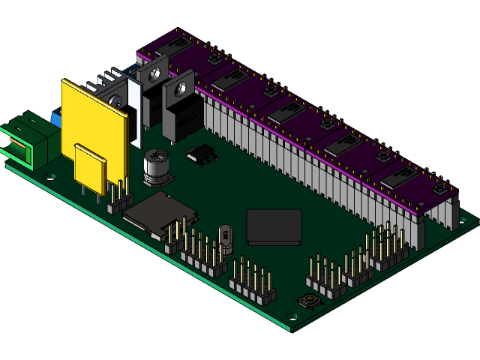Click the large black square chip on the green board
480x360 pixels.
tap(274, 226)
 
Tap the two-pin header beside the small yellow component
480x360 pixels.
tap(117, 196)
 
